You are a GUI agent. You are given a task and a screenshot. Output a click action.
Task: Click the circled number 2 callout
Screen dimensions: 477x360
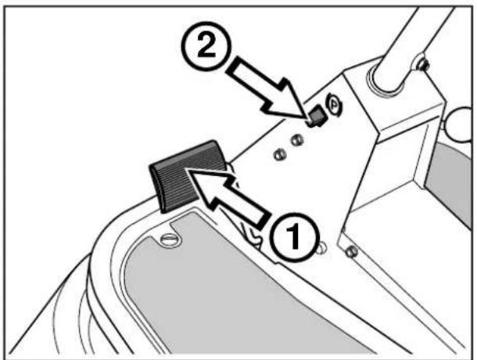click(x=206, y=47)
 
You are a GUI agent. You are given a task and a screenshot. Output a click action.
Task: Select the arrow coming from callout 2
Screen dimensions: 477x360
click(x=267, y=89)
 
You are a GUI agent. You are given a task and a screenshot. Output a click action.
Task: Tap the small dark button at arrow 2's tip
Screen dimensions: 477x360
click(x=317, y=116)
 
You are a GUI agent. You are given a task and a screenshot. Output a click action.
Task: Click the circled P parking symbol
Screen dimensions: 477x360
click(x=335, y=105)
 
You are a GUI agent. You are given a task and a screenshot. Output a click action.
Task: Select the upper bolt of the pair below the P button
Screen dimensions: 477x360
click(x=296, y=140)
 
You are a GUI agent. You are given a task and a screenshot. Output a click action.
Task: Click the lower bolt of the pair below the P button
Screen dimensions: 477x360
click(x=280, y=155)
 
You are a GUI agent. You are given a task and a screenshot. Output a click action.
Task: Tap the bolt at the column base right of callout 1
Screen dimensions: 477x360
click(x=352, y=251)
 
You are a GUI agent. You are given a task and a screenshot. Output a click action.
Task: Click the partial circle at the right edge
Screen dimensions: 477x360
click(x=461, y=124)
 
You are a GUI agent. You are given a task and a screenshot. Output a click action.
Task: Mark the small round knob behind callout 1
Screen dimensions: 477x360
click(x=322, y=247)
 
